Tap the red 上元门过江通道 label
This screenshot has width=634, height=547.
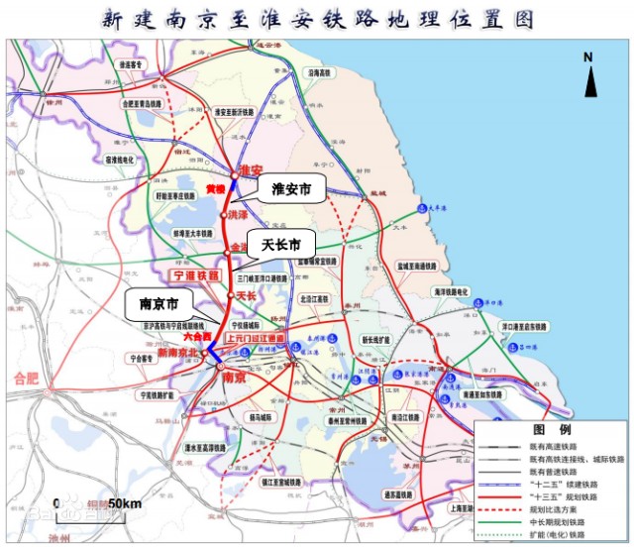(256, 338)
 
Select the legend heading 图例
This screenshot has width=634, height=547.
(552, 430)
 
